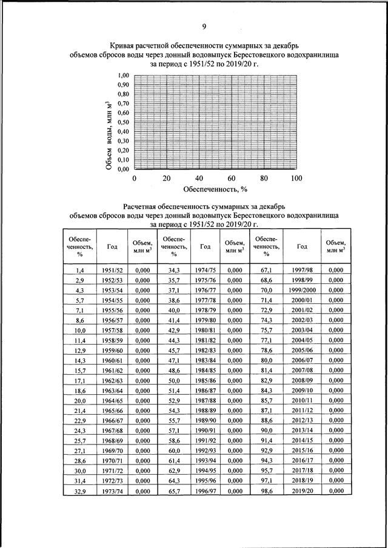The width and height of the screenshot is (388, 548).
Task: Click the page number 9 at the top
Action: pos(204,26)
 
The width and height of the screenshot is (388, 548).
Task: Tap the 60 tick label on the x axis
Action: pos(232,179)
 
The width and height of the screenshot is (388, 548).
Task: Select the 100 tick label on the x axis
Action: pos(296,179)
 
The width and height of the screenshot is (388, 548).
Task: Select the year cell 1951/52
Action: pos(112,270)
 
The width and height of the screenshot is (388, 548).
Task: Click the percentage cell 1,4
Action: pos(79,270)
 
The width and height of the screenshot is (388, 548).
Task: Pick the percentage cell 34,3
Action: pos(175,270)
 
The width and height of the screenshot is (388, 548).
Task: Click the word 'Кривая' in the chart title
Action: pos(125,45)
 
